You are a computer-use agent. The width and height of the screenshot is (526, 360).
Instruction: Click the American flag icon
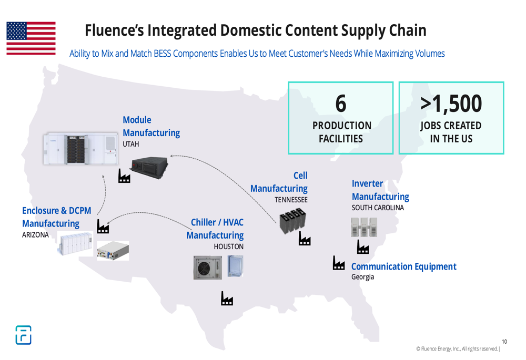pyautogui.click(x=31, y=38)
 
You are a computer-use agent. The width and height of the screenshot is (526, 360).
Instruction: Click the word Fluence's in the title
pyautogui.click(x=114, y=30)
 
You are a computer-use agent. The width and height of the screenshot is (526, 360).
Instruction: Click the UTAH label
pyautogui.click(x=131, y=144)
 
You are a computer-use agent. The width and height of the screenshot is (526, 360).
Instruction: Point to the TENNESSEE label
pyautogui.click(x=291, y=200)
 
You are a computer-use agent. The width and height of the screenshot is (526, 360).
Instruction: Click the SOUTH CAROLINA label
pyautogui.click(x=378, y=208)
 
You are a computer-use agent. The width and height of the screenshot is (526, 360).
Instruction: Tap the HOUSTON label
pyautogui.click(x=228, y=246)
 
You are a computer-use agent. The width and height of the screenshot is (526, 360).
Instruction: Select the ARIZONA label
pyautogui.click(x=35, y=235)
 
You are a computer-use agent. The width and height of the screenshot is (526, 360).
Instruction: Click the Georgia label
pyautogui.click(x=362, y=277)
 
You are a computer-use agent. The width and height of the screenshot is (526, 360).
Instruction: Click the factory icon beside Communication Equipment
pyautogui.click(x=338, y=263)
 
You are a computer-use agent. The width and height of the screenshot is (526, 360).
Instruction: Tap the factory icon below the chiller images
pyautogui.click(x=227, y=298)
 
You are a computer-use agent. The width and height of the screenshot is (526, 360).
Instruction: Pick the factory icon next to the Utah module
pyautogui.click(x=124, y=176)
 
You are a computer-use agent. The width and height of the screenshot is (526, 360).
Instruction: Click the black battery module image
pyautogui.click(x=149, y=167)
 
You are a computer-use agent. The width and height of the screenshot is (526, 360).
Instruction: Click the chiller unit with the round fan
pyautogui.click(x=208, y=268)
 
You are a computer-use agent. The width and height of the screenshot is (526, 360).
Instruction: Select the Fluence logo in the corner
pyautogui.click(x=24, y=335)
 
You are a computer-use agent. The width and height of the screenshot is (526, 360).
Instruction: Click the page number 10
pyautogui.click(x=504, y=342)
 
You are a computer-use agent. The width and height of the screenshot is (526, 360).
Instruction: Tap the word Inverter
pyautogui.click(x=367, y=184)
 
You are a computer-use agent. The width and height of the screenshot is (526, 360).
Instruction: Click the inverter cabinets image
pyautogui.click(x=364, y=227)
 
